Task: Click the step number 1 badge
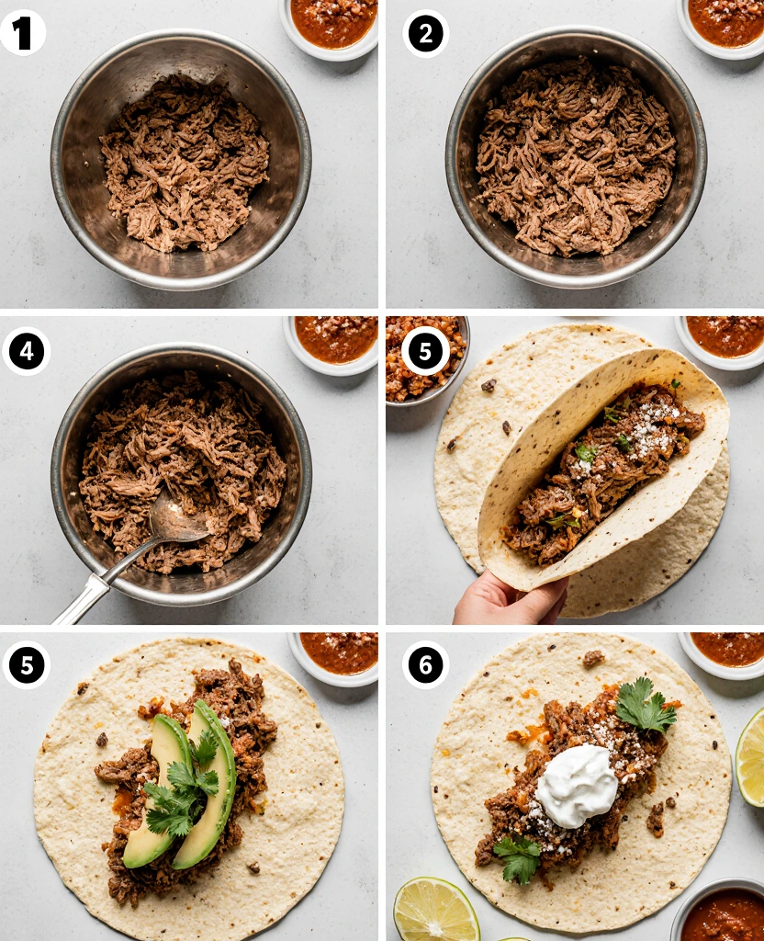point(23,33)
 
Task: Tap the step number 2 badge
point(425,33)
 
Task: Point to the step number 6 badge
point(425,664)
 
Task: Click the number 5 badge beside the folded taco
point(425,350)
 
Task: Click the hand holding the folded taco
point(508,601)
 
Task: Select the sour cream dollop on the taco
point(576,785)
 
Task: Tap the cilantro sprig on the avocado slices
point(184,790)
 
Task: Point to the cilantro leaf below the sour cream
point(519,856)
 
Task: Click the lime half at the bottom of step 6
point(436,911)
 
